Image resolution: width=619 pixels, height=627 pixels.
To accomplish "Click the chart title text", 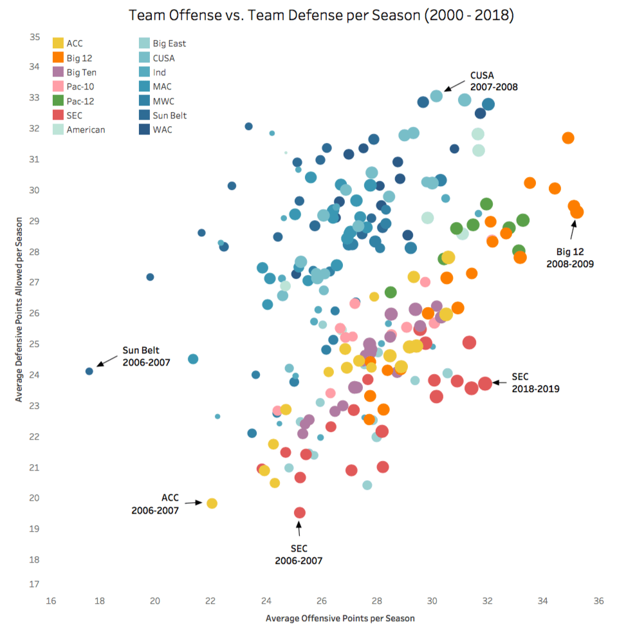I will point(321,15).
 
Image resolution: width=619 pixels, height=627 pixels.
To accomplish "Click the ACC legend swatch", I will point(58,44).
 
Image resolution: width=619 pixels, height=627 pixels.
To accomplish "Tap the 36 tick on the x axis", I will point(598,601).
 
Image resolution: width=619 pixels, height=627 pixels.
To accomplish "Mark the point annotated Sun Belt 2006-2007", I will point(89,371).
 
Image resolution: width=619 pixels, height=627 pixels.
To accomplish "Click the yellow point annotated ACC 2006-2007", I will point(212,503).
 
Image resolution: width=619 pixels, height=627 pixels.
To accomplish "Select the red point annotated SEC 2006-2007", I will point(300,512).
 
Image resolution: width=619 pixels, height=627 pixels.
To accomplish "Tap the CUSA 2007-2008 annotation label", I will point(494,80).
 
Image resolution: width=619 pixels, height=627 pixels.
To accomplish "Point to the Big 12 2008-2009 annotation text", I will point(570,258).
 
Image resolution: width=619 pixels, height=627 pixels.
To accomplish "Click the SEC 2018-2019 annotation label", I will point(535,383).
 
